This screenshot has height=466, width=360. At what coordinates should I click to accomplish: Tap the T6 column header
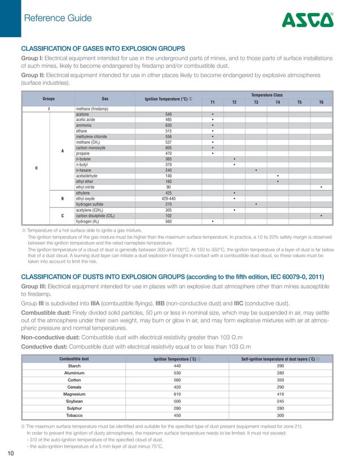point(321,102)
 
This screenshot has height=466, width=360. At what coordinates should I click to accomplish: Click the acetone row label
point(82,114)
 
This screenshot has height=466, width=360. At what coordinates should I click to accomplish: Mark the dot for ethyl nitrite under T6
point(321,187)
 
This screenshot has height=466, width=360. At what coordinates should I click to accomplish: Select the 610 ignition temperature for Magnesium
point(178,395)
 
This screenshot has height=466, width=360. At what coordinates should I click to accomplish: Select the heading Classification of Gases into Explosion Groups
point(103,48)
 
